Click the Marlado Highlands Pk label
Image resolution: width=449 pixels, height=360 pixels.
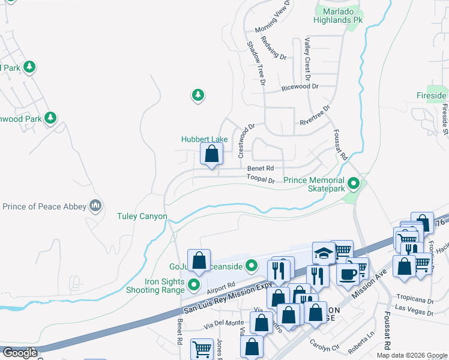[342, 15]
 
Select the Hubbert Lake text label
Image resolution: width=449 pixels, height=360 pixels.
[205, 139]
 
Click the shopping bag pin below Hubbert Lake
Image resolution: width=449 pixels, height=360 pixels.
[211, 155]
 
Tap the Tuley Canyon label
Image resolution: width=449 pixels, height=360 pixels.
[142, 216]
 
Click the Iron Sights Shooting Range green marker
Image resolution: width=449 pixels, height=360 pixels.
[194, 284]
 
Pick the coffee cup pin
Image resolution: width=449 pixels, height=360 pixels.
[348, 274]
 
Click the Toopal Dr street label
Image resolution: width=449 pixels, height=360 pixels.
[261, 179]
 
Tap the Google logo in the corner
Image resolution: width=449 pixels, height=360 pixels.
[19, 353]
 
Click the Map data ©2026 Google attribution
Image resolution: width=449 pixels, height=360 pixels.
[411, 355]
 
